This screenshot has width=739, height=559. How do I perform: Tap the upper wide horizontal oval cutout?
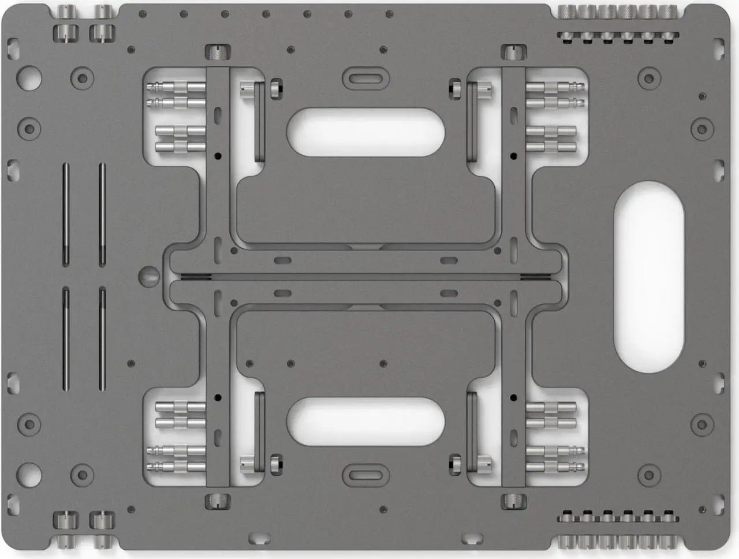click(365, 132)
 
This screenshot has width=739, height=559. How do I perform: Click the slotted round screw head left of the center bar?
click(149, 275)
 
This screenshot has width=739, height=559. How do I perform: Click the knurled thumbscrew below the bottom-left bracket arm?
click(217, 500)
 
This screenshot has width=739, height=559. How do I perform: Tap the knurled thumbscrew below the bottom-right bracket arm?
click(513, 500)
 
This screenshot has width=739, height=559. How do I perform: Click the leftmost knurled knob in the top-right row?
click(568, 10)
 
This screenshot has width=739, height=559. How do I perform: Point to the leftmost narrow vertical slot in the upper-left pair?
click(66, 214)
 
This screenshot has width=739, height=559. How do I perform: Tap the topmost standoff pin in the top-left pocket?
click(176, 88)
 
